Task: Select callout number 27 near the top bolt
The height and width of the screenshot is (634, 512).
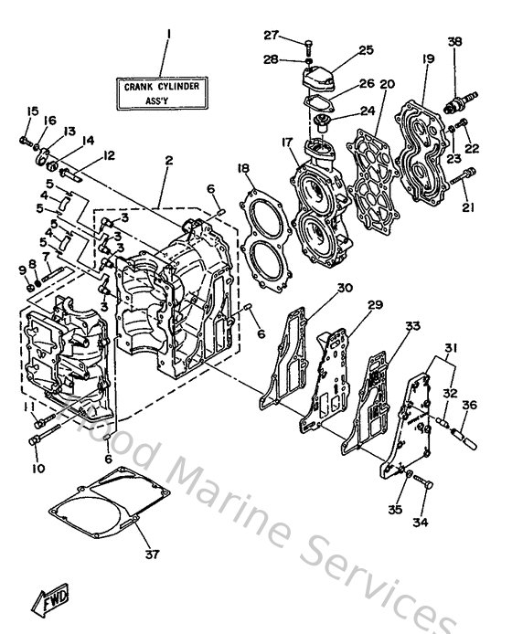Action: (x=271, y=36)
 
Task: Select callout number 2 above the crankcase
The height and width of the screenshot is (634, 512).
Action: (x=167, y=160)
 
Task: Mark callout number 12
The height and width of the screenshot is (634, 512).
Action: (x=109, y=155)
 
